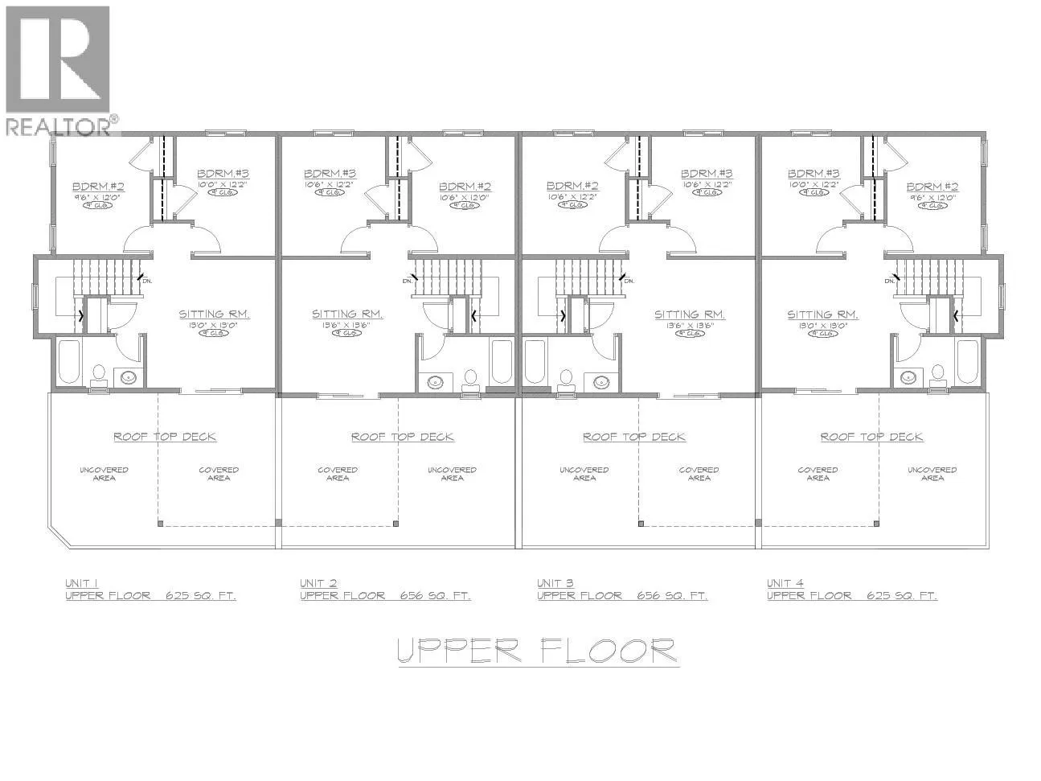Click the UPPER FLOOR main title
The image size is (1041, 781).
(x=538, y=650)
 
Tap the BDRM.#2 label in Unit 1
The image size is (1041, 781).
(x=98, y=184)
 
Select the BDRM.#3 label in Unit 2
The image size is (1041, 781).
(x=330, y=173)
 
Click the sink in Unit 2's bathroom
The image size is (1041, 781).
(x=436, y=380)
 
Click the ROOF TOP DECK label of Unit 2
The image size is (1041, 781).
(x=402, y=437)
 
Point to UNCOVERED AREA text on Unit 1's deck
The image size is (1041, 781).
(x=104, y=474)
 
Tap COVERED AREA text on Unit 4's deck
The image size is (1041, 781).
(x=818, y=474)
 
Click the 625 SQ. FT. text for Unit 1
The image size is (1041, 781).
(x=200, y=596)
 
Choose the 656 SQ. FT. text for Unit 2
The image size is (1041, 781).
(x=435, y=596)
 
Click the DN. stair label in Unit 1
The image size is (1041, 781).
(x=146, y=281)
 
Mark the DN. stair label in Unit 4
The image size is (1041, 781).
(x=890, y=281)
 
